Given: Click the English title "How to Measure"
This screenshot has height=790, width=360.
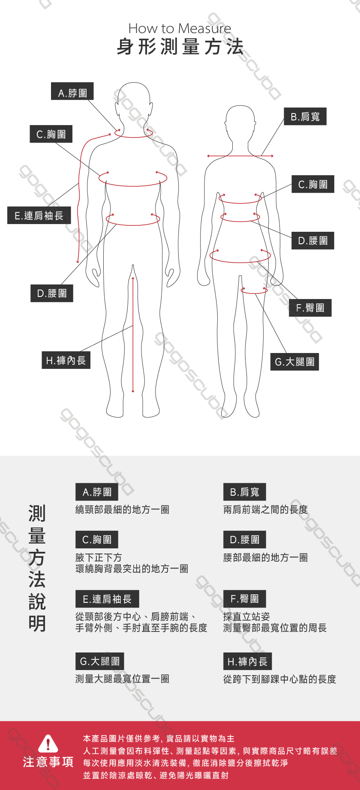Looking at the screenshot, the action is point(180,28).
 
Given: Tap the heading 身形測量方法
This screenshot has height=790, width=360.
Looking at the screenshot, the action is point(180,47).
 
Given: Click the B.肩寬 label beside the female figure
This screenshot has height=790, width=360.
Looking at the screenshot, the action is point(305,117).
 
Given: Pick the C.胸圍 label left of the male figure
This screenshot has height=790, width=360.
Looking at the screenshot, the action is point(51,134).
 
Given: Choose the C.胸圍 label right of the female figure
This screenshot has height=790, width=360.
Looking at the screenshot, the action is point(313,184).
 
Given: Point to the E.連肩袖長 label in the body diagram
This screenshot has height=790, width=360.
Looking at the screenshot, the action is point(39,215).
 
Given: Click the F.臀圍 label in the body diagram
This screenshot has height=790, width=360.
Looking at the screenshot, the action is point(310,308).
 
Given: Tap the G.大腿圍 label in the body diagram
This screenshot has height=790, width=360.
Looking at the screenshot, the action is point(295,362).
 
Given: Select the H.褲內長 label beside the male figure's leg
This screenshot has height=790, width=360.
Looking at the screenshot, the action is point(66,360).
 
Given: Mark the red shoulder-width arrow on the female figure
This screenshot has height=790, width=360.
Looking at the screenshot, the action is point(240,156).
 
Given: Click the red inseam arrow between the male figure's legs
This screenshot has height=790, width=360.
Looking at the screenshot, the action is point(133,335).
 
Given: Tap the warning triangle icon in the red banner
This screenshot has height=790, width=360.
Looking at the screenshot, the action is point(48,743).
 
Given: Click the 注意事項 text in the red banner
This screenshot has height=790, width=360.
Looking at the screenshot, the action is point(48,762).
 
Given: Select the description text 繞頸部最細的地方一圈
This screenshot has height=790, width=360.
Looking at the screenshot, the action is point(122,509).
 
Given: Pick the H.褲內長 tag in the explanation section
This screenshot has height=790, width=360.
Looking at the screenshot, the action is point(248,661).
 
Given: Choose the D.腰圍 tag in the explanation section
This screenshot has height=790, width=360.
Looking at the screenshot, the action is point(245,539).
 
